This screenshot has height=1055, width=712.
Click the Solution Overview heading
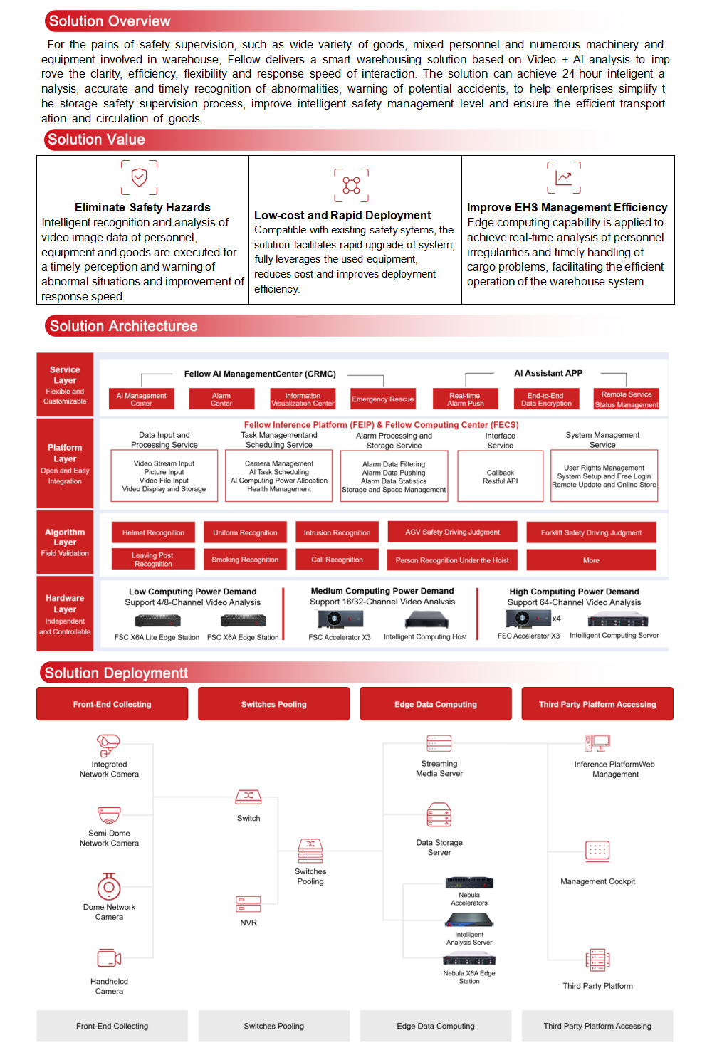[110, 21]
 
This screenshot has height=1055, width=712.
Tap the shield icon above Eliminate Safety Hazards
[140, 177]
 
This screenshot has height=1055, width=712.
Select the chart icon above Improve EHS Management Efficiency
[563, 177]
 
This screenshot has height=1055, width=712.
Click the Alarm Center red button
[221, 399]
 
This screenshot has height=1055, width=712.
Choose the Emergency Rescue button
[382, 399]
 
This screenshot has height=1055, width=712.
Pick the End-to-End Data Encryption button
[546, 399]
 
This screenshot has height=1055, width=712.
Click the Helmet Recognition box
[153, 532]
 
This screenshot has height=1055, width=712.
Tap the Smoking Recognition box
[245, 560]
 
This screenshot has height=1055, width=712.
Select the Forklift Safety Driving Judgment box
[591, 532]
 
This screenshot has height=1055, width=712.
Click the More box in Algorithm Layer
[591, 560]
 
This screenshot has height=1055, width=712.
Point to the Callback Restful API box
[501, 476]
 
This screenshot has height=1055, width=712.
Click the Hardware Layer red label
[65, 614]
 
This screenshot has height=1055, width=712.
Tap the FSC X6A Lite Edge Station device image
[155, 621]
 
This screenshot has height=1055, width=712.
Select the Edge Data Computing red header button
[436, 704]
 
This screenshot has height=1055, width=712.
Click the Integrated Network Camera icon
[108, 745]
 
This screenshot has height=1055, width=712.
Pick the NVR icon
[248, 904]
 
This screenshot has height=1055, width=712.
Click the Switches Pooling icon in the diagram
[310, 851]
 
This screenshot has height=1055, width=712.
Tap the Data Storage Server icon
[439, 815]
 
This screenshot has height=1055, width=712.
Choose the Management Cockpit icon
[597, 850]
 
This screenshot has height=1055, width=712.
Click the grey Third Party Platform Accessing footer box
[597, 1026]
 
